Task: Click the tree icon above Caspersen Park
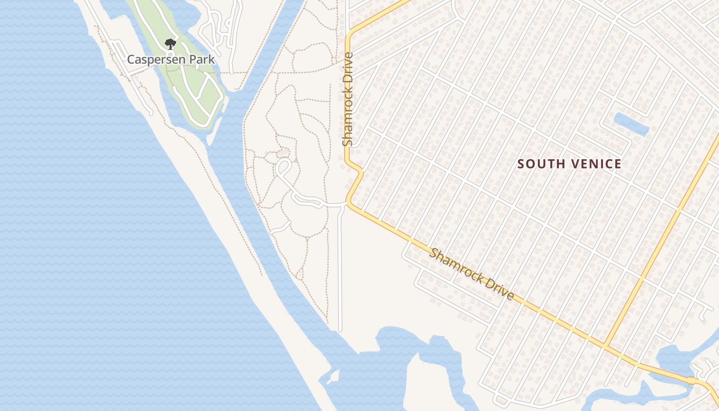[x=170, y=44]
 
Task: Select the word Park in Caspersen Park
[x=201, y=60]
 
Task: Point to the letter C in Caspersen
[x=131, y=60]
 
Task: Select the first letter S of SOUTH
[x=521, y=164]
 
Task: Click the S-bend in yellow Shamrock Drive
[x=354, y=180]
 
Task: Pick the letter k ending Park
[x=212, y=60]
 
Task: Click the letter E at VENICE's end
[x=618, y=164]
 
